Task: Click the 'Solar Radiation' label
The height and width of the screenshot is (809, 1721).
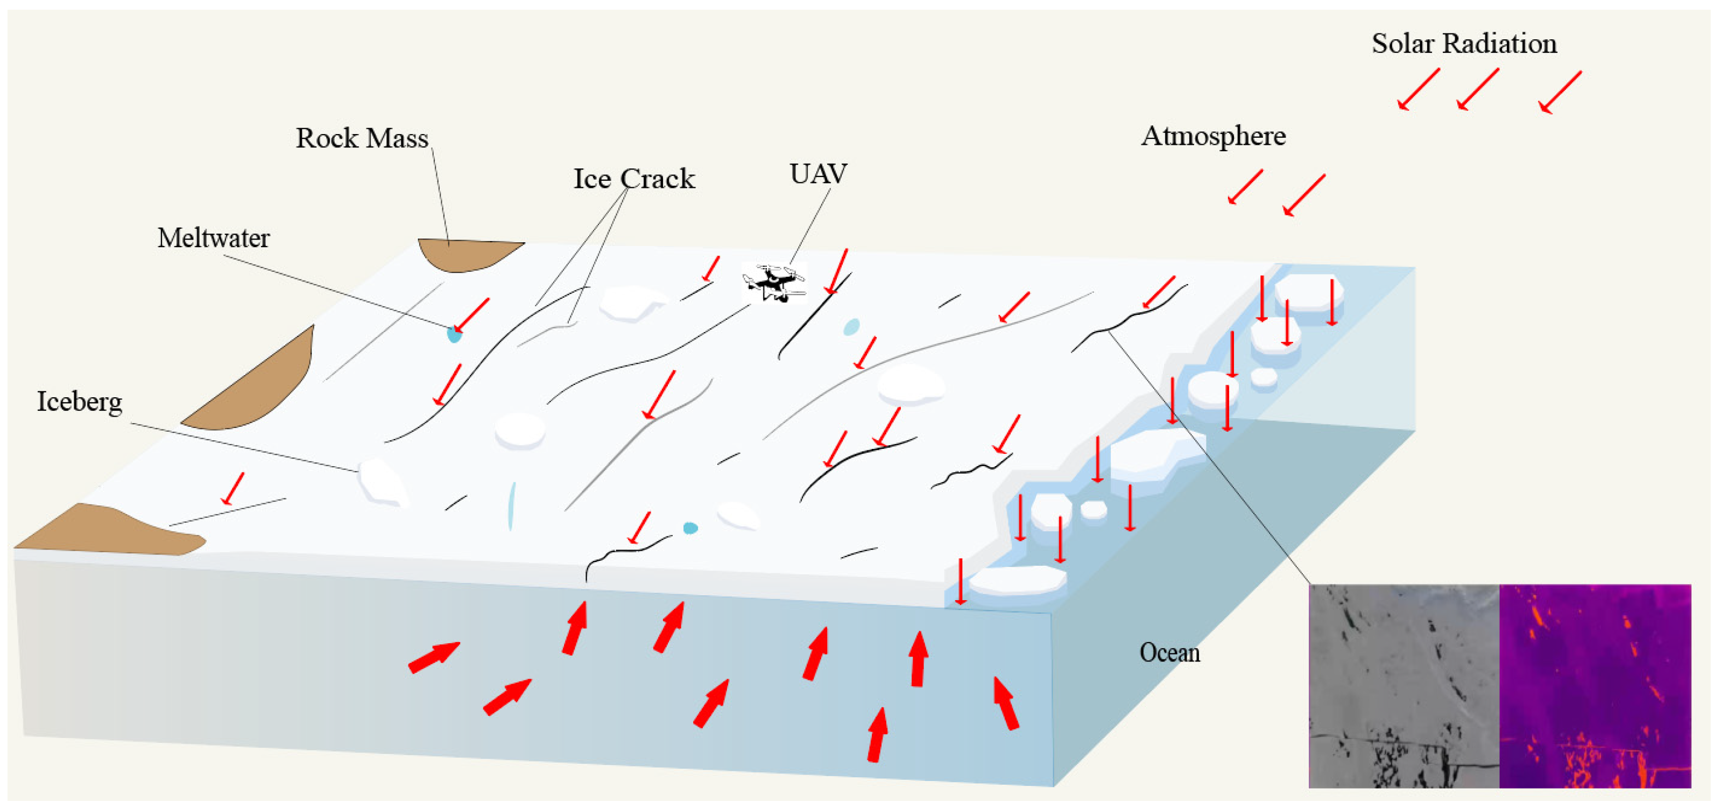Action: [1464, 44]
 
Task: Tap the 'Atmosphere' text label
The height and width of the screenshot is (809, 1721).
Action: [1212, 136]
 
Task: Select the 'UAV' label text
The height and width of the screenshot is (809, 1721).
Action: [818, 174]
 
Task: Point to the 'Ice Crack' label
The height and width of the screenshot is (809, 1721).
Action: [633, 179]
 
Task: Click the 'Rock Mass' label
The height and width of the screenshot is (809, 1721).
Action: [362, 138]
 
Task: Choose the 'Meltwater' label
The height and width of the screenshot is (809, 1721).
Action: [213, 238]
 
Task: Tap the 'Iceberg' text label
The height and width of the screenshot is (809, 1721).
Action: [80, 402]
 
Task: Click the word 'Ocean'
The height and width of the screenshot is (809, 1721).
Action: [1169, 653]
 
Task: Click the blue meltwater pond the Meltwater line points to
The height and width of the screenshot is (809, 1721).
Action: [454, 334]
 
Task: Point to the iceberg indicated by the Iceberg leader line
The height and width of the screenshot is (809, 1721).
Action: [382, 481]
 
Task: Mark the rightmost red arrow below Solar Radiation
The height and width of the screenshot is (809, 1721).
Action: [1560, 92]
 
